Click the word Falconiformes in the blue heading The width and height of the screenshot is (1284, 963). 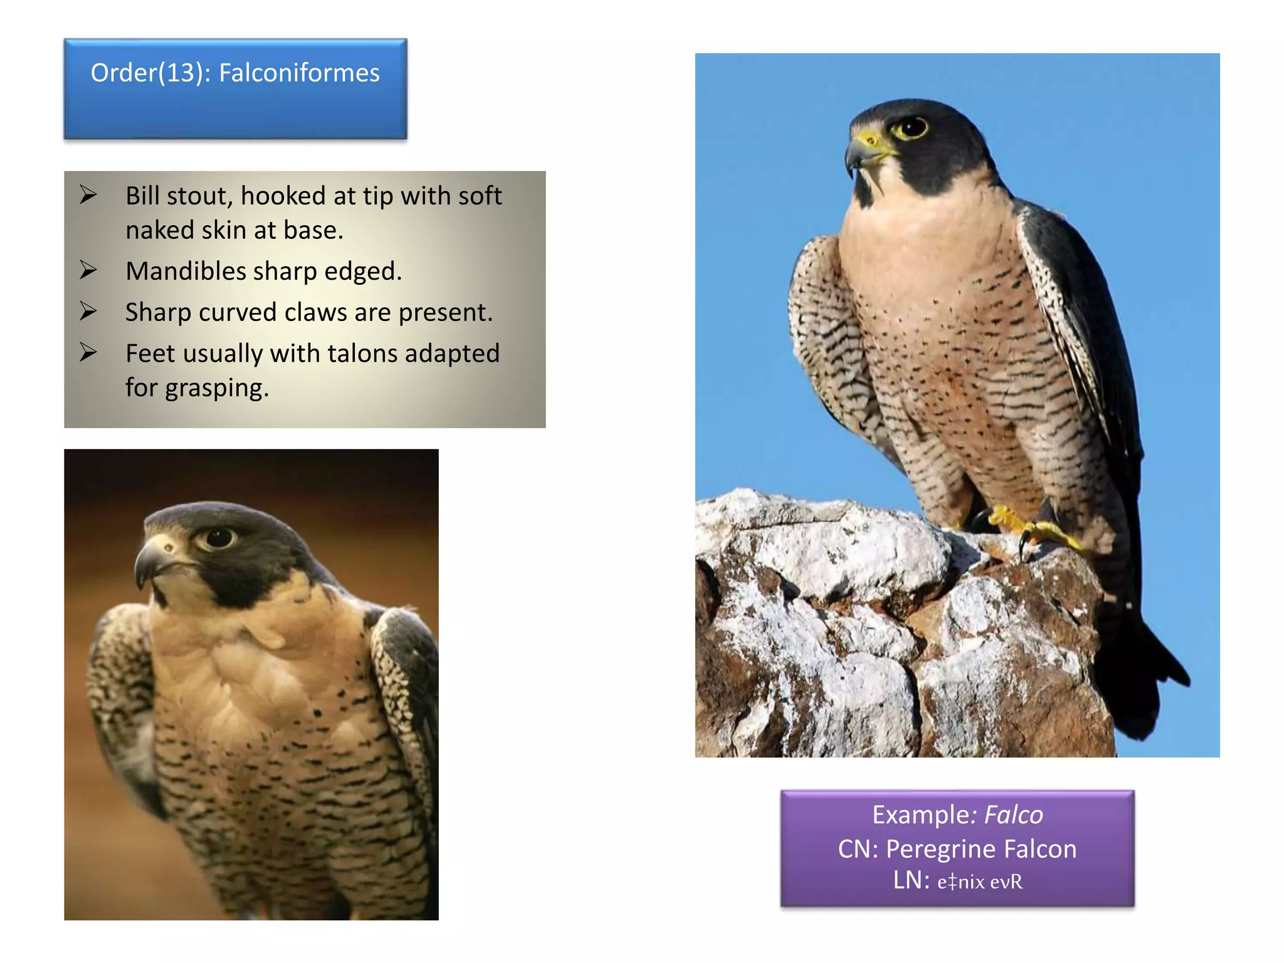(299, 73)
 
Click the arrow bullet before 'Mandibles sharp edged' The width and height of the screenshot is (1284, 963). (88, 270)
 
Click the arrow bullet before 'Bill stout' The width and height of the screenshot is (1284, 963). (88, 195)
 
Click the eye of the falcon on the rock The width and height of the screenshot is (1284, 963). (910, 127)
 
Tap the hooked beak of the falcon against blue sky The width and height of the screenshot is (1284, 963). (856, 154)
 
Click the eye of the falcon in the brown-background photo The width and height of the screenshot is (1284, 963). (218, 538)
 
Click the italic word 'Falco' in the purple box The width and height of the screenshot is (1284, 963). (1013, 815)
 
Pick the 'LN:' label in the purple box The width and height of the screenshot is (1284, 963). (911, 880)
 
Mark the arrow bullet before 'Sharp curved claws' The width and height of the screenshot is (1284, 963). (88, 312)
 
